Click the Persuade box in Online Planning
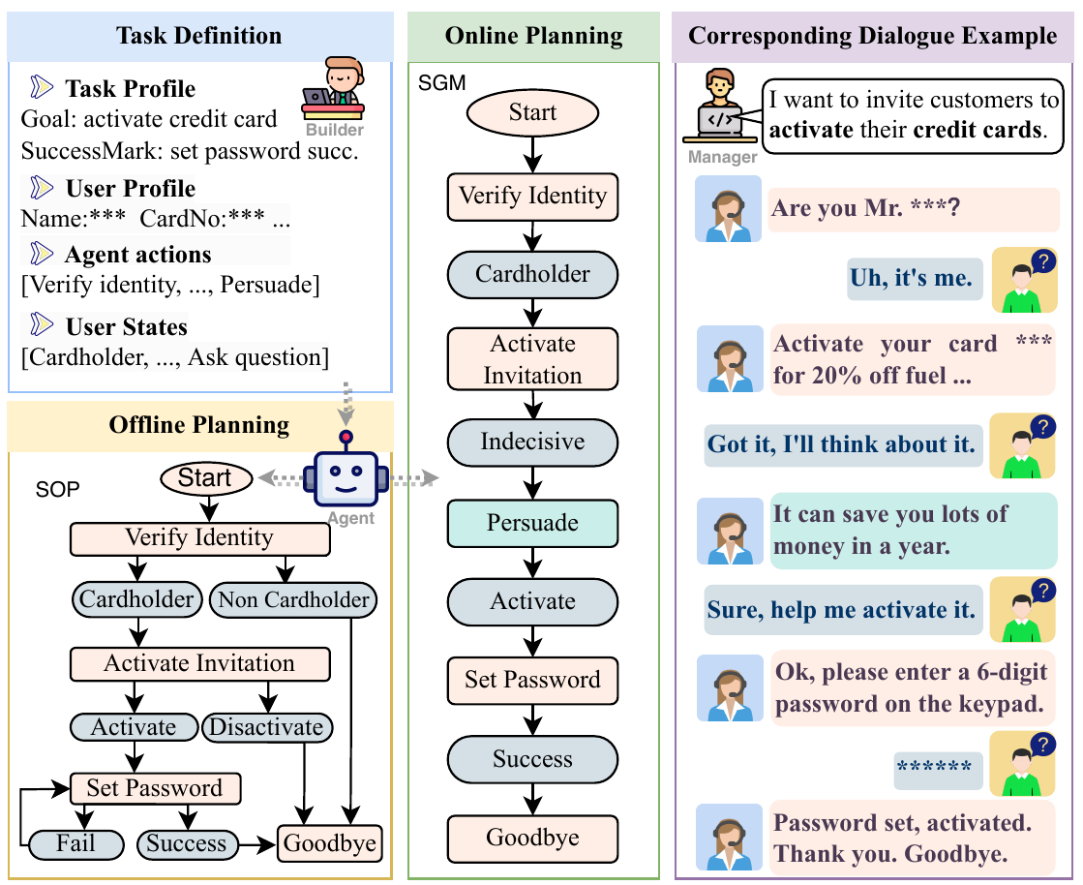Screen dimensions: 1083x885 click(532, 523)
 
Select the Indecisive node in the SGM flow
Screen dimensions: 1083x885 click(532, 442)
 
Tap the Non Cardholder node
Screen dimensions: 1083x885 click(293, 599)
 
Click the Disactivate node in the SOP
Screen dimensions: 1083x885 click(266, 727)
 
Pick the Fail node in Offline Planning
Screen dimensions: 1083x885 click(76, 844)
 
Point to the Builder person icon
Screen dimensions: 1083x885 click(334, 90)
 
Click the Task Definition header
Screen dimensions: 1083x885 click(199, 36)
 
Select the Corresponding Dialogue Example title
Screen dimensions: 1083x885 click(872, 36)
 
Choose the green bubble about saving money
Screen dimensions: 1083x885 click(913, 531)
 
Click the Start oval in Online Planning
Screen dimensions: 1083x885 click(532, 112)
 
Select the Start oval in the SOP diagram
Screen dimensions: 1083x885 click(206, 478)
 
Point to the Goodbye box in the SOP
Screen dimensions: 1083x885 click(330, 843)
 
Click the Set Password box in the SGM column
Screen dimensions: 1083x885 click(532, 681)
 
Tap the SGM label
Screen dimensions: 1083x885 click(442, 83)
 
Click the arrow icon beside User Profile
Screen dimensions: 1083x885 click(42, 187)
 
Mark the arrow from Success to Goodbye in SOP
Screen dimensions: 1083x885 click(256, 844)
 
